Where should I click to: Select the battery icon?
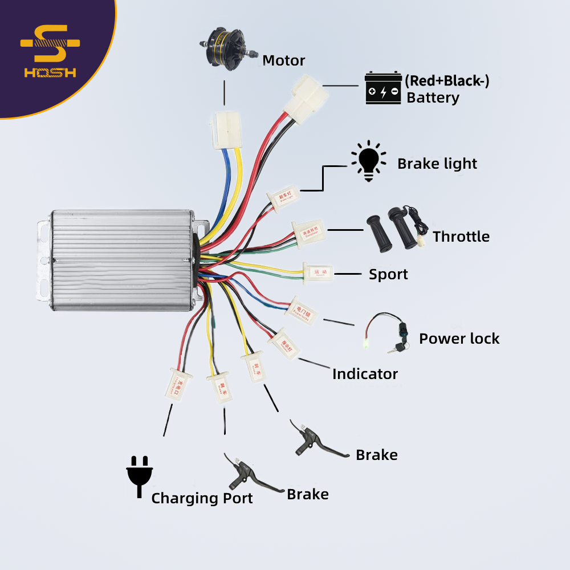coord(383,88)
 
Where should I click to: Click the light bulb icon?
coord(368,161)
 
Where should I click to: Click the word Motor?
coord(283,60)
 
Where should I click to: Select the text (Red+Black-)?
coord(447,81)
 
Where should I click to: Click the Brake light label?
coord(437,164)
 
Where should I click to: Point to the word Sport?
coord(388,274)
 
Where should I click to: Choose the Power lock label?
coord(459,339)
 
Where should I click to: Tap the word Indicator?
coord(365,374)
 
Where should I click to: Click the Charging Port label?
coord(202,498)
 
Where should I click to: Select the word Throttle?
coord(461,236)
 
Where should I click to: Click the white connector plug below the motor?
coord(225,130)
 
